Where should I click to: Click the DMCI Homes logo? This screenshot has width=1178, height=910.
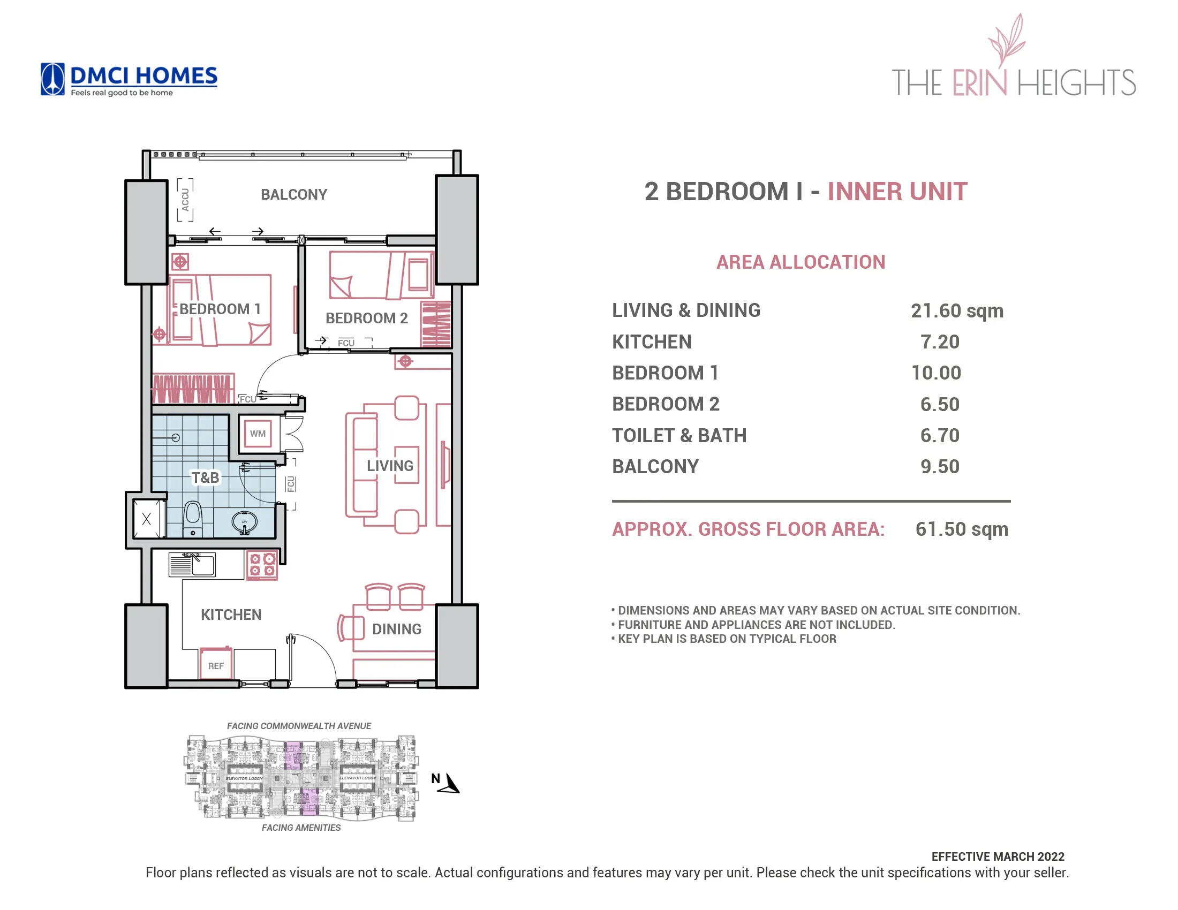tap(129, 79)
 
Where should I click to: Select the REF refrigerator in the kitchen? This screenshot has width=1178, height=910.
tap(216, 665)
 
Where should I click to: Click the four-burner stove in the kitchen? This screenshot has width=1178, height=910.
tap(262, 564)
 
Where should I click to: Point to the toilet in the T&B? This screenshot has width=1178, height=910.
tap(193, 519)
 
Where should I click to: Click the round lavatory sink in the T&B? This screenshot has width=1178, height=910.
tap(244, 522)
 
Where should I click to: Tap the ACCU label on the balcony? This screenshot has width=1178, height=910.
tap(186, 200)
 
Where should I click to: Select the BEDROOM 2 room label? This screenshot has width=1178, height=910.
tap(366, 318)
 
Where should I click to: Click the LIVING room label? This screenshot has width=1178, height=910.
tap(390, 466)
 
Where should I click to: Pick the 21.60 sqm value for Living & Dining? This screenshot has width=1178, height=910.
tap(956, 310)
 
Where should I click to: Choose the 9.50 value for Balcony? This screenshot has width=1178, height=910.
tap(940, 466)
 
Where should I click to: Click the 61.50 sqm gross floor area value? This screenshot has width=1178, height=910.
tap(961, 529)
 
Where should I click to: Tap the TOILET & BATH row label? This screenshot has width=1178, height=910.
tap(679, 435)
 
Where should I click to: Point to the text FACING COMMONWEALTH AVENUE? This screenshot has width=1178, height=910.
tap(299, 726)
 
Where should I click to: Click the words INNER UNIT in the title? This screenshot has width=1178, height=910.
tap(897, 192)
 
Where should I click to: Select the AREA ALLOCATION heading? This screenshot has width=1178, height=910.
tap(801, 262)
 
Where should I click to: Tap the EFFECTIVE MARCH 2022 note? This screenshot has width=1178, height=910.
tap(998, 856)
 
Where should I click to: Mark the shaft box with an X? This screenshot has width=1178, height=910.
tap(146, 519)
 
